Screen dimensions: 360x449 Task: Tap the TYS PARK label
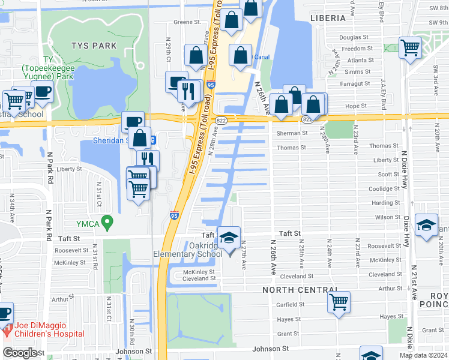coord(93,45)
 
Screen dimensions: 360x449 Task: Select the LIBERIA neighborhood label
coord(328,18)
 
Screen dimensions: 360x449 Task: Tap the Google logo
coord(20,353)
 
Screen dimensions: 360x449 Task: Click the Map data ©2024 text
coord(423,355)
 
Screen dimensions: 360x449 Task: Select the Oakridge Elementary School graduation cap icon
coord(229,238)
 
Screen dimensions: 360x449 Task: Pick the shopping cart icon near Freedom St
coord(410,46)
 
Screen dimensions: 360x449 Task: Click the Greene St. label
coord(187,22)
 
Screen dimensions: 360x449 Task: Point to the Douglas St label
coord(354,37)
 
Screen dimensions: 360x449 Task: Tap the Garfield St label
coord(291,304)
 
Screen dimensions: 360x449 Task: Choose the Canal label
coord(262,57)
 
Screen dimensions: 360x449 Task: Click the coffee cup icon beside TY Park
coord(43,91)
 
